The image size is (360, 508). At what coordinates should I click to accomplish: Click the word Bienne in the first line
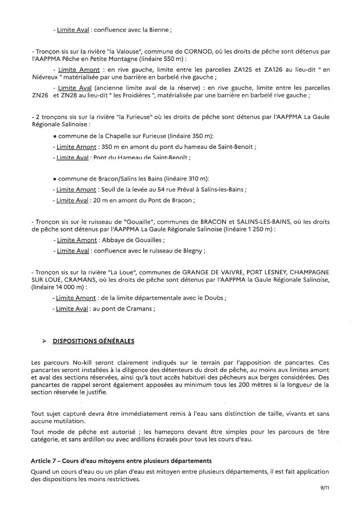tap(158, 30)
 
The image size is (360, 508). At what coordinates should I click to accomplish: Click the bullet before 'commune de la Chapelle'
tap(55, 136)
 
